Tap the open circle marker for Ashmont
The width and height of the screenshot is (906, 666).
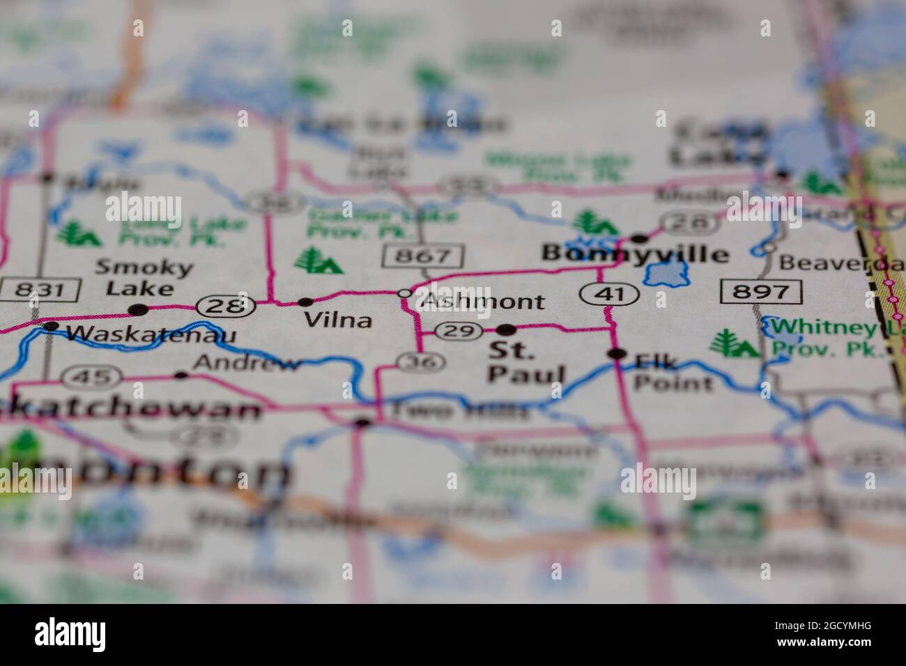coord(404,294)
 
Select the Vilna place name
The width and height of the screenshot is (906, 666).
coord(338,320)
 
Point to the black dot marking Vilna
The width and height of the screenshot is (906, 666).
coord(305,302)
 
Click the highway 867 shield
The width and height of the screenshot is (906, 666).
coord(423,256)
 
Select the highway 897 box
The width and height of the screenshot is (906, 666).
coord(762,291)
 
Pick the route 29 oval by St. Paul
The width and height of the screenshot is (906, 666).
coord(459,332)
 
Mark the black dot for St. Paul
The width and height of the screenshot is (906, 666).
coord(507,329)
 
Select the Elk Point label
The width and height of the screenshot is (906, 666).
coord(673,372)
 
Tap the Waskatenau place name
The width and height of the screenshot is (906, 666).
coord(151,335)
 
